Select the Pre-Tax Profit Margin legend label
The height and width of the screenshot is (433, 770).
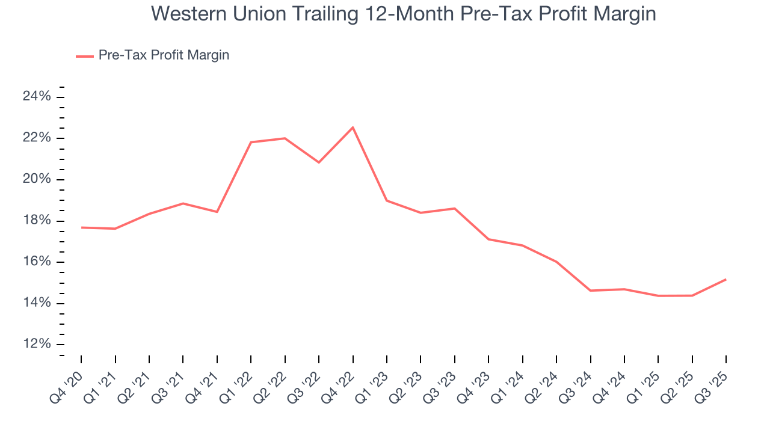(x=164, y=55)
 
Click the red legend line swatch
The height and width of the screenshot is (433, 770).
(x=84, y=56)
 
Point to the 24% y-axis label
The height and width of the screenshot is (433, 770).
(x=37, y=97)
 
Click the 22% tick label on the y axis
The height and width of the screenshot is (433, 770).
(x=37, y=138)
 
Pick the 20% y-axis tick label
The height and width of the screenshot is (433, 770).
(x=37, y=180)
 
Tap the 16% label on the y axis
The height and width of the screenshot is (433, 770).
(x=37, y=262)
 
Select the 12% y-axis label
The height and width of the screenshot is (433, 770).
(x=37, y=345)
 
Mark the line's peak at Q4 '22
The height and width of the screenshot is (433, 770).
(x=353, y=127)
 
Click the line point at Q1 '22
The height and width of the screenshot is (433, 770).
(x=251, y=142)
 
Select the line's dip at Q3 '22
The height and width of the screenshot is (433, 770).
(x=319, y=162)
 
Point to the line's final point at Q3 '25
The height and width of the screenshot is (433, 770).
(x=726, y=279)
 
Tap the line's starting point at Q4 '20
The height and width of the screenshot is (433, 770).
(x=81, y=227)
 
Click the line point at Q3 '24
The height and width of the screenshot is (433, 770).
(x=590, y=290)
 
